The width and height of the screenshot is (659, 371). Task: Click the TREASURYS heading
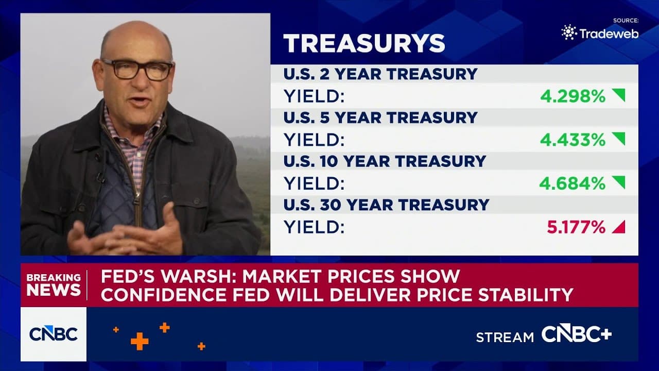[x=364, y=43]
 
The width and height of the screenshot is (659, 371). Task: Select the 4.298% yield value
[x=573, y=96]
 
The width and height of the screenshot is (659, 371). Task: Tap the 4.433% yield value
[x=573, y=140]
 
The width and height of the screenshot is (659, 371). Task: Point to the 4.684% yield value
[x=573, y=183]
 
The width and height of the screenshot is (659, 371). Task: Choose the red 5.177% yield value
[x=576, y=227]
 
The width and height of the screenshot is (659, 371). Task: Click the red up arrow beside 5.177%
[x=619, y=227]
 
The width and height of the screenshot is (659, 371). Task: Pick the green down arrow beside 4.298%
[x=619, y=95]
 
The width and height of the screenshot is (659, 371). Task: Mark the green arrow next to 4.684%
[x=619, y=182]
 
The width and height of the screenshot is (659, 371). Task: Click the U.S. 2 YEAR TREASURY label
[x=380, y=74]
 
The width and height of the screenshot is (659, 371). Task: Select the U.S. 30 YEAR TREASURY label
[x=386, y=205]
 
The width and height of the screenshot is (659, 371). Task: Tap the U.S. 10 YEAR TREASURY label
[x=385, y=161]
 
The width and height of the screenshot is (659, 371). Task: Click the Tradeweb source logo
[x=600, y=32]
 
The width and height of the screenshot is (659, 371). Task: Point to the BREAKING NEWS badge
[x=54, y=285]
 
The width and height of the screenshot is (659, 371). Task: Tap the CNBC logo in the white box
[x=54, y=334]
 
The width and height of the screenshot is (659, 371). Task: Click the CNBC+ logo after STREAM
[x=577, y=334]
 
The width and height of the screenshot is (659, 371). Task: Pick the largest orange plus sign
[x=140, y=341]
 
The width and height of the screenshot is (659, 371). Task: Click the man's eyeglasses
[x=137, y=70]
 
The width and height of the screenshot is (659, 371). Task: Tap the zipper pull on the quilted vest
[x=136, y=201]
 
